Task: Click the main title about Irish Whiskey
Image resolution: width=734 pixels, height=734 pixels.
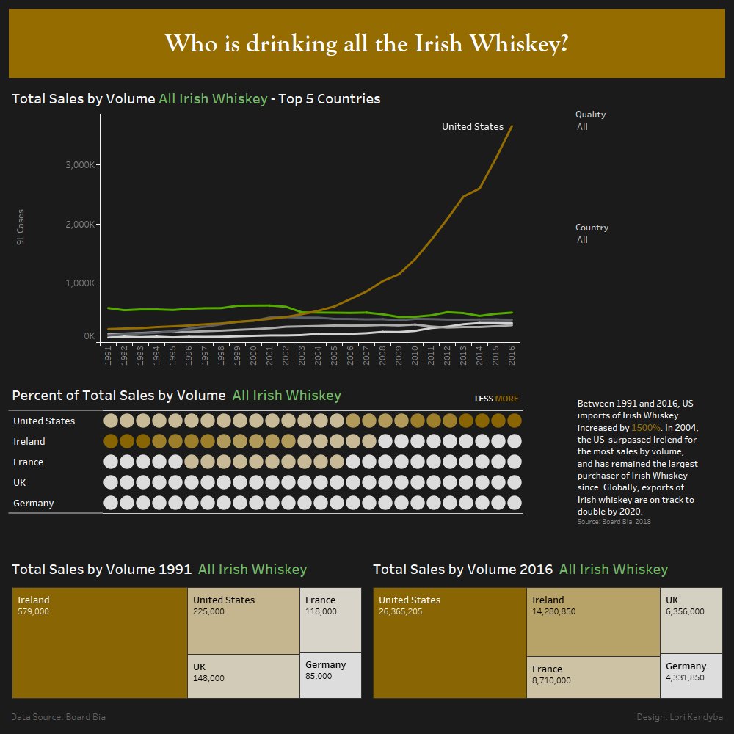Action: pos(366,44)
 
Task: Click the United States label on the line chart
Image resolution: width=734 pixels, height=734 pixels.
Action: pos(472,127)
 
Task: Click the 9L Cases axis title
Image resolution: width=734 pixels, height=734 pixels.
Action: pos(21,227)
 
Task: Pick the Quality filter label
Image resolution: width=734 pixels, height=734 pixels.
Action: pos(590,115)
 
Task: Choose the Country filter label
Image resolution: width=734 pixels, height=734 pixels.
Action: pos(592,228)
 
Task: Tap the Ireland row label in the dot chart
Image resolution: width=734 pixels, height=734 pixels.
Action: pos(29,441)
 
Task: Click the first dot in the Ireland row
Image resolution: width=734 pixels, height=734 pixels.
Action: pos(111,441)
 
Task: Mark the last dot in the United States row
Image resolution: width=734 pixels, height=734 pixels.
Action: pos(514,421)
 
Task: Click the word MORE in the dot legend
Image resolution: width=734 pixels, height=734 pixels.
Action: pos(506,399)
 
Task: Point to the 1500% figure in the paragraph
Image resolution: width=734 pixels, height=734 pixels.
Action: pos(646,427)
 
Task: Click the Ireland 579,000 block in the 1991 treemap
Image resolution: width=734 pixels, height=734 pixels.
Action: pos(100,642)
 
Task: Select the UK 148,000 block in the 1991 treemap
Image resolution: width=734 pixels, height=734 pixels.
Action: pos(243,675)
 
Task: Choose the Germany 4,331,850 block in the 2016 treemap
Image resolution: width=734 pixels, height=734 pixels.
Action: pos(691,675)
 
